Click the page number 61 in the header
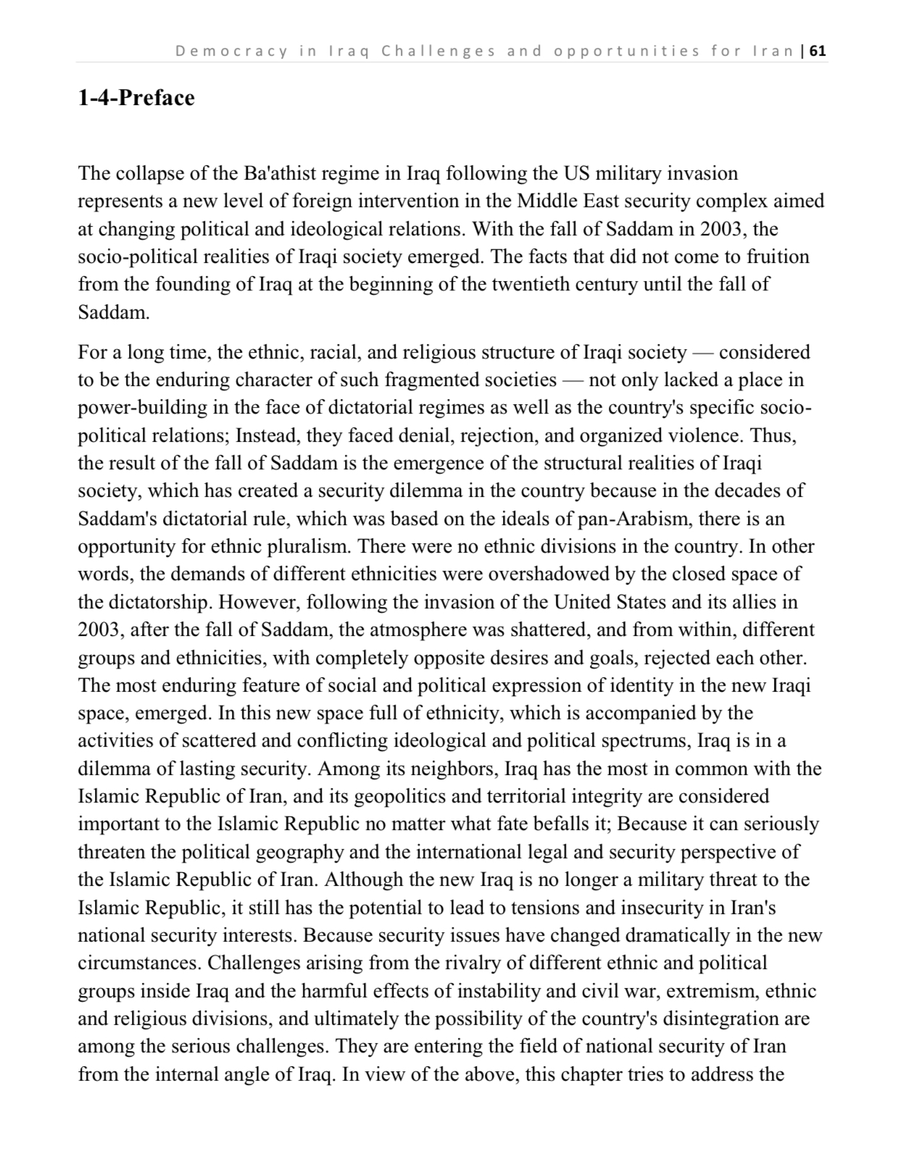pos(818,51)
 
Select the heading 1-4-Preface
pos(136,98)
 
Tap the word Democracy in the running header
pos(232,51)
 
